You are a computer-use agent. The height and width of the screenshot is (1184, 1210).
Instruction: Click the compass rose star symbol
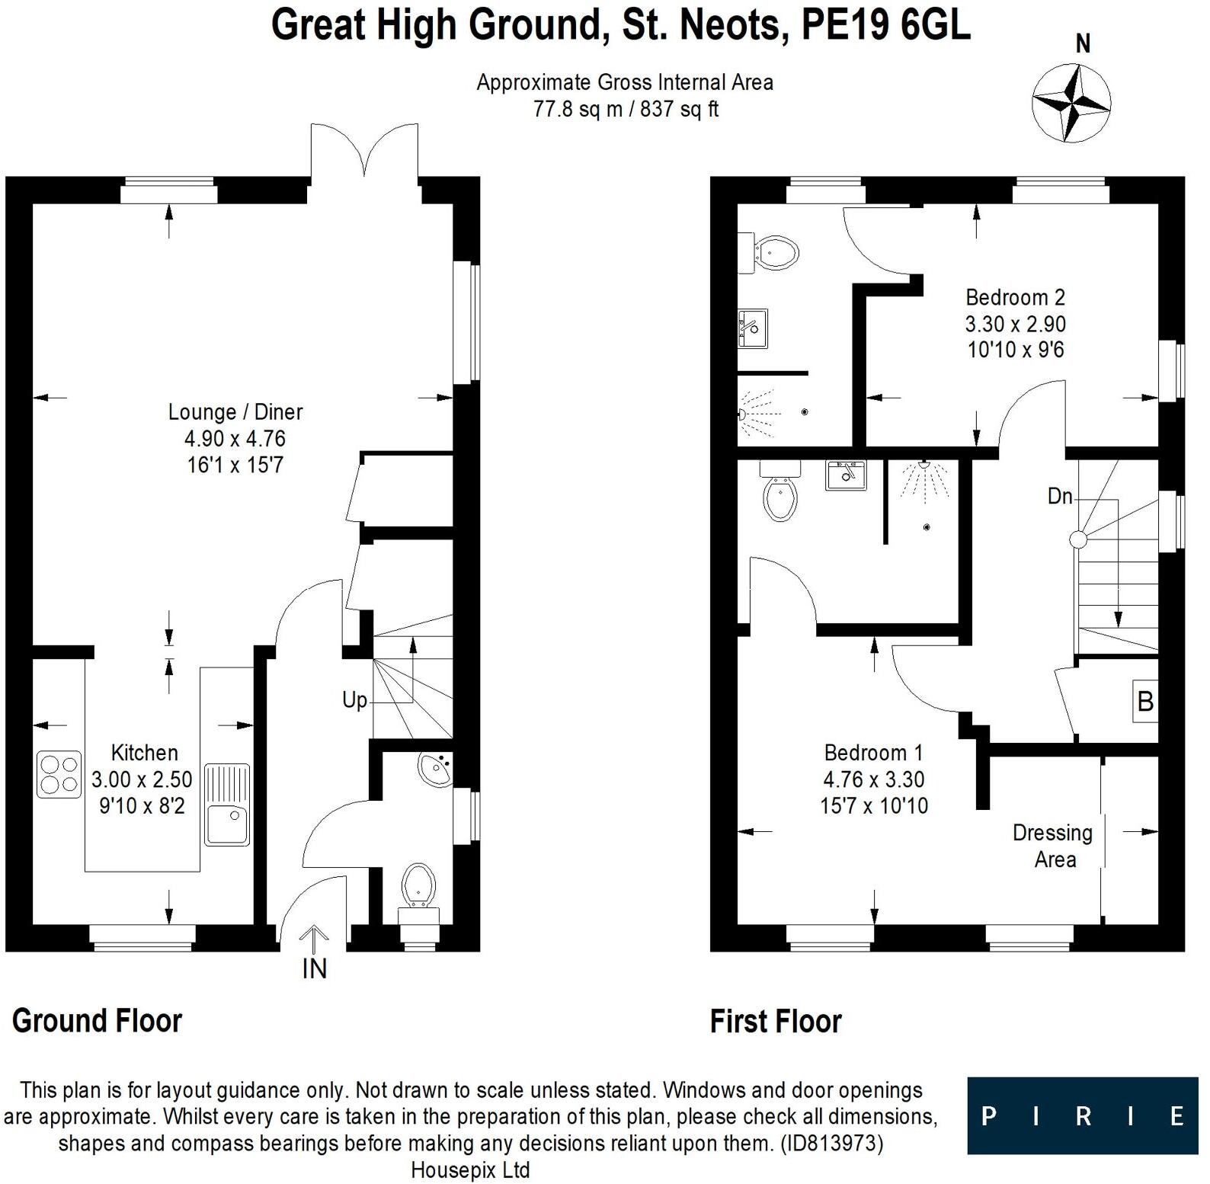click(x=1071, y=103)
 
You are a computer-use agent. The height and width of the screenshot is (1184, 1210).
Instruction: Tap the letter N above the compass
click(x=1083, y=44)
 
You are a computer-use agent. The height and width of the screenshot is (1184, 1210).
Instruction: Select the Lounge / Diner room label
click(x=235, y=412)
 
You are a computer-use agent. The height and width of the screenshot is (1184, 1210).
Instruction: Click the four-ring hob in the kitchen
click(x=59, y=774)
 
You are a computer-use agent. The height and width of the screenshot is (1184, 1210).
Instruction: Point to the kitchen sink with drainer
click(x=227, y=805)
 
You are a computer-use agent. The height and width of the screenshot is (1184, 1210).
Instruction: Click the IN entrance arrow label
click(x=314, y=968)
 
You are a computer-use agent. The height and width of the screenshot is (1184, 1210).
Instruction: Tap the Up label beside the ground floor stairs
click(x=354, y=700)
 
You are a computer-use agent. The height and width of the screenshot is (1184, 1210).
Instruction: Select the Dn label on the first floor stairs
click(x=1060, y=497)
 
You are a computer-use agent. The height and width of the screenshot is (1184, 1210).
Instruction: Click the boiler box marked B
click(x=1144, y=701)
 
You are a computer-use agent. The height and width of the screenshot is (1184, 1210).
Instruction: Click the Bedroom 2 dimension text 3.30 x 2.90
click(x=1015, y=324)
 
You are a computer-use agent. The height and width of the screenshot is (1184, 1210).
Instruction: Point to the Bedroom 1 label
click(x=873, y=753)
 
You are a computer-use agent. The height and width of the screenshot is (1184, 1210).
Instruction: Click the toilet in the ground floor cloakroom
click(x=418, y=886)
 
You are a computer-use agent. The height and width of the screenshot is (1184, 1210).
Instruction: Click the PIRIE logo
click(x=1082, y=1115)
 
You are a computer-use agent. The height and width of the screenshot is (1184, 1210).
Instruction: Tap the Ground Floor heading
click(x=97, y=1021)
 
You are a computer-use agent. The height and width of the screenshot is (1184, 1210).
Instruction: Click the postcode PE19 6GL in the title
click(x=886, y=24)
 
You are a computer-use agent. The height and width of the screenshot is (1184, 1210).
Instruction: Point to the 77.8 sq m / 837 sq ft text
click(x=625, y=109)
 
